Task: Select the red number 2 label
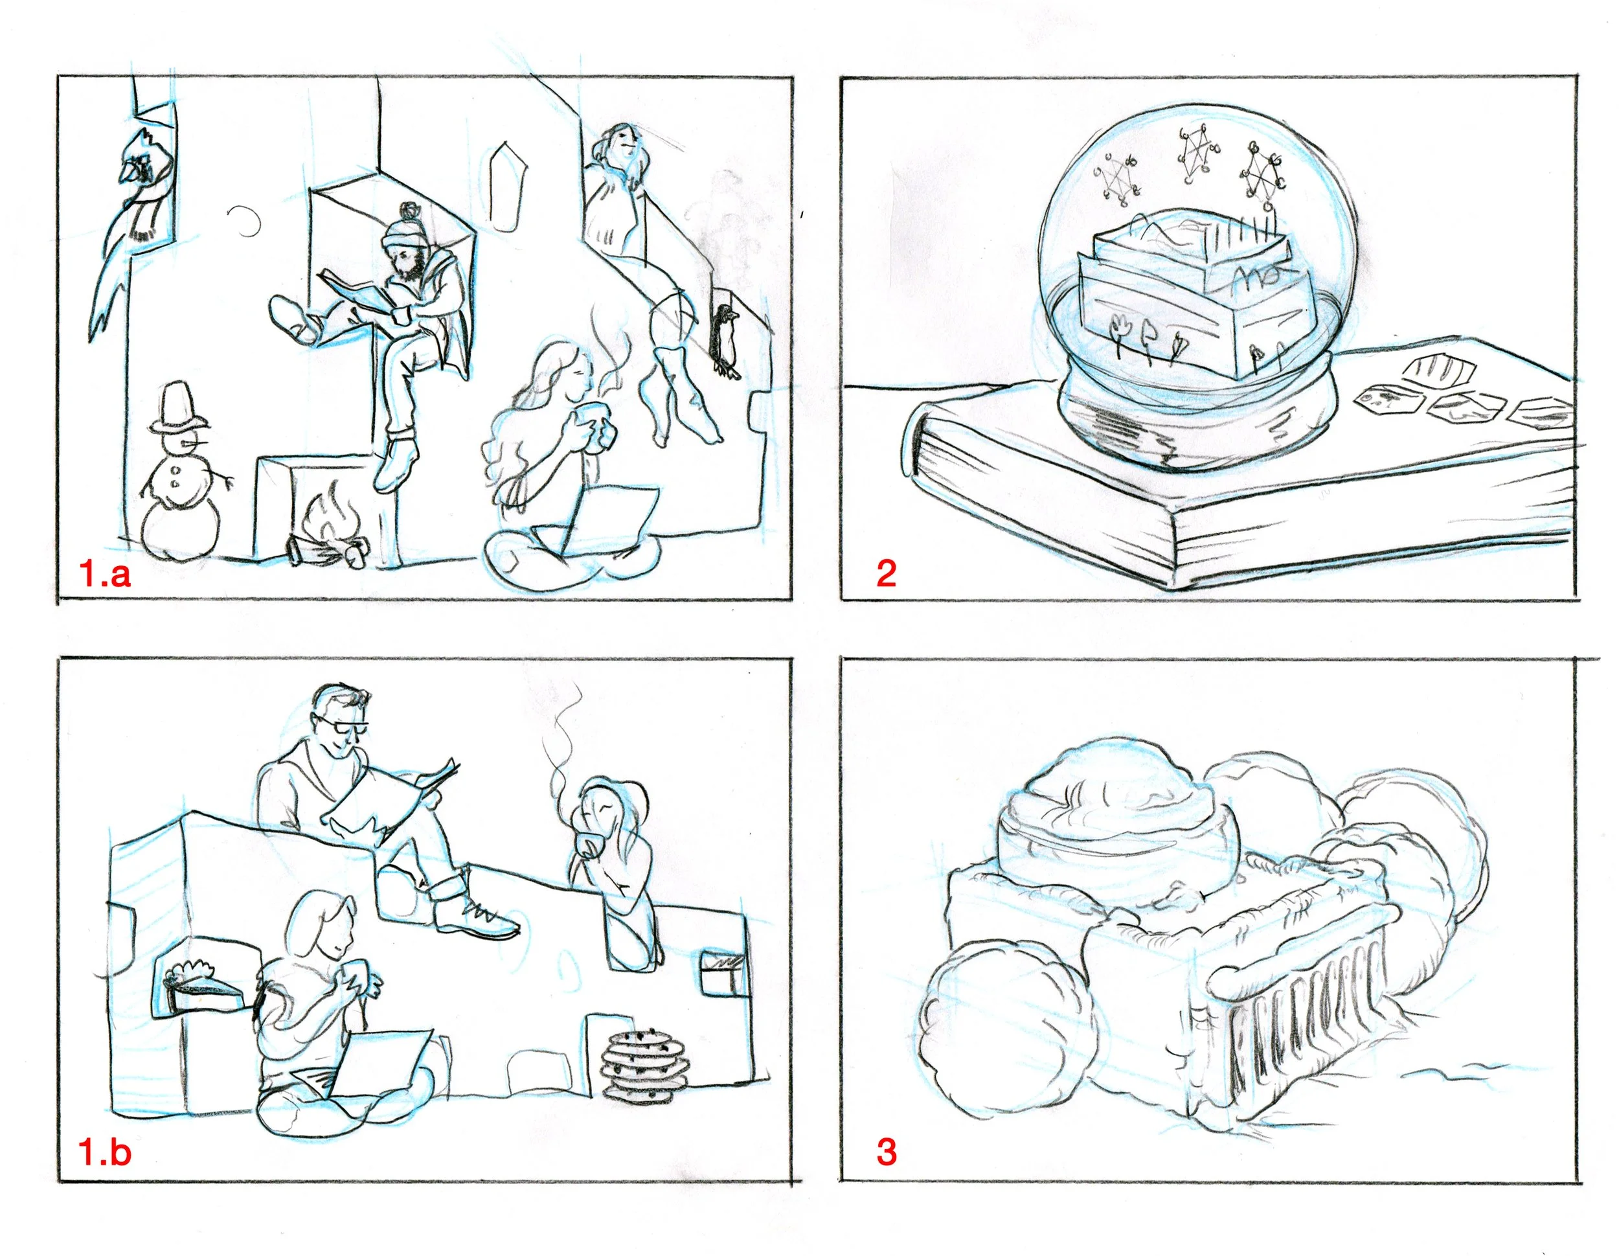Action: (x=886, y=573)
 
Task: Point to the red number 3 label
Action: (x=887, y=1152)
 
